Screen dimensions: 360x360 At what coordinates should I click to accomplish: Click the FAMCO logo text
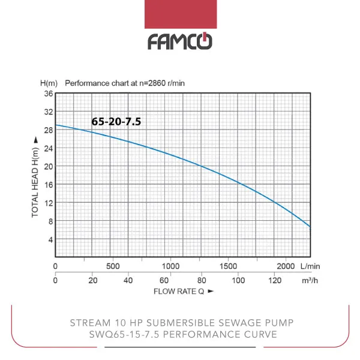(x=179, y=41)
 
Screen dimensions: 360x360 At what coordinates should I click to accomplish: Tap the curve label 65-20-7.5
(x=116, y=121)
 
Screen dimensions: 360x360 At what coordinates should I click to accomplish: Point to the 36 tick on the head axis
(x=49, y=94)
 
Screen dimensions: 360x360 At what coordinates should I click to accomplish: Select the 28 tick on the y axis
(x=49, y=130)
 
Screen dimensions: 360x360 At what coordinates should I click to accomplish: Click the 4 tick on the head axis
(x=50, y=239)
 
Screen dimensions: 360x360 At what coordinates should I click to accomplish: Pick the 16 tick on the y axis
(x=49, y=185)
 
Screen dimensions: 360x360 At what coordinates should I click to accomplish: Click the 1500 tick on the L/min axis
(x=229, y=266)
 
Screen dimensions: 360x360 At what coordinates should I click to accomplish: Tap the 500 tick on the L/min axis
(x=113, y=266)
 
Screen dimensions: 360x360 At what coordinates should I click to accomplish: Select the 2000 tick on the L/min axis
(x=286, y=266)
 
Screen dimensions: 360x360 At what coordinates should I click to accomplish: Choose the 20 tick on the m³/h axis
(x=92, y=280)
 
